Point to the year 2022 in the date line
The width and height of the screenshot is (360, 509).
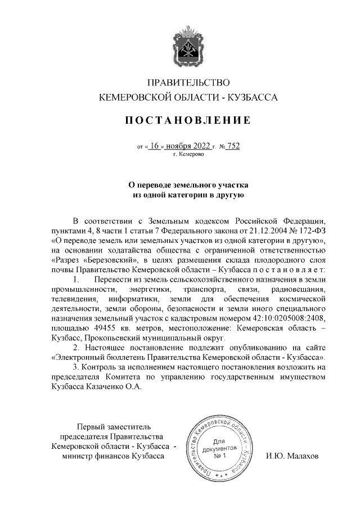(201, 146)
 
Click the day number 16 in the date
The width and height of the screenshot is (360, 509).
(156, 146)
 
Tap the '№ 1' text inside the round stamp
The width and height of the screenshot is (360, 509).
(220, 456)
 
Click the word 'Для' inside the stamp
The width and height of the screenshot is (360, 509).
(220, 443)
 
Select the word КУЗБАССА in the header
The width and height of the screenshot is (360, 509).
(253, 97)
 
